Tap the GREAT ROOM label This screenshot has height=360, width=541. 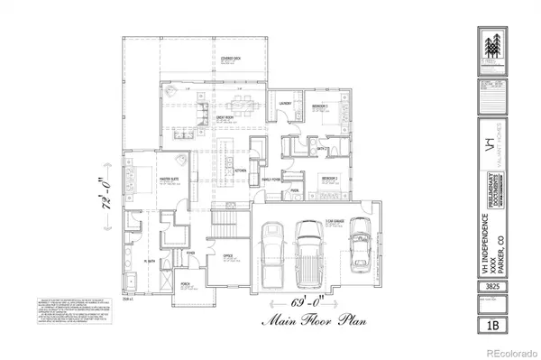(225, 118)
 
